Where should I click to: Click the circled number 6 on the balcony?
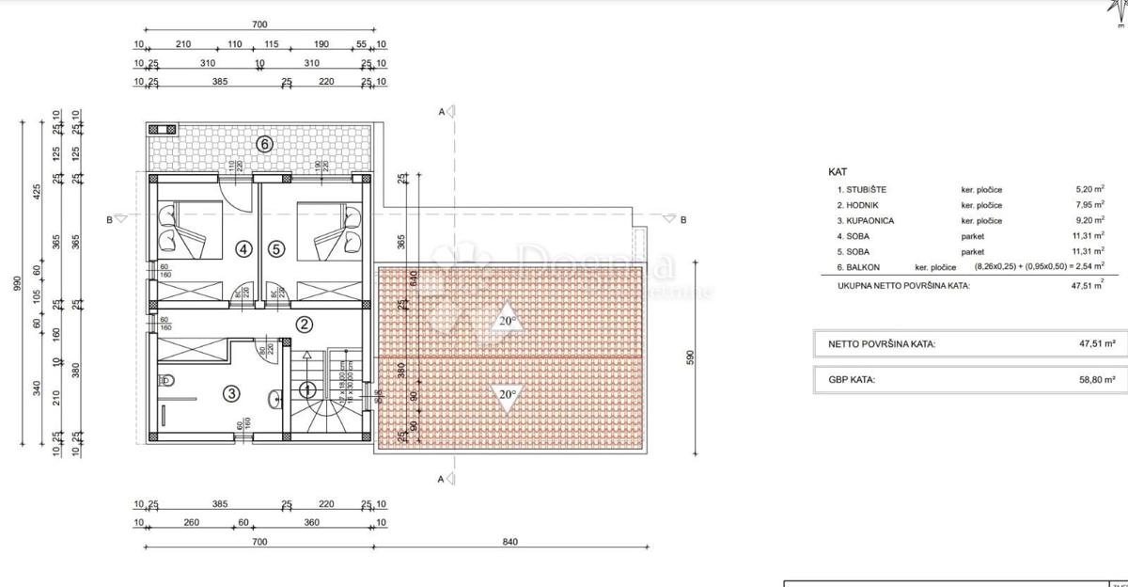click(x=265, y=144)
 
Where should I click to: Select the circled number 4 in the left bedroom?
click(x=244, y=249)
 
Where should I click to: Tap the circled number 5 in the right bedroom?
click(x=275, y=249)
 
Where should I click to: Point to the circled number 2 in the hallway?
click(x=304, y=325)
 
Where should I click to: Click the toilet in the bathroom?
click(x=167, y=381)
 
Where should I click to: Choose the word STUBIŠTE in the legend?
click(x=865, y=189)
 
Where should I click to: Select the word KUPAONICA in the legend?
click(x=868, y=220)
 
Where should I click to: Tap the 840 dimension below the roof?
click(x=510, y=541)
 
